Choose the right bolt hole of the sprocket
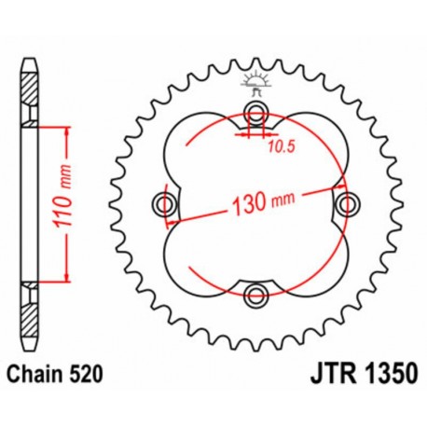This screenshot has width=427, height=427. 348,204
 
